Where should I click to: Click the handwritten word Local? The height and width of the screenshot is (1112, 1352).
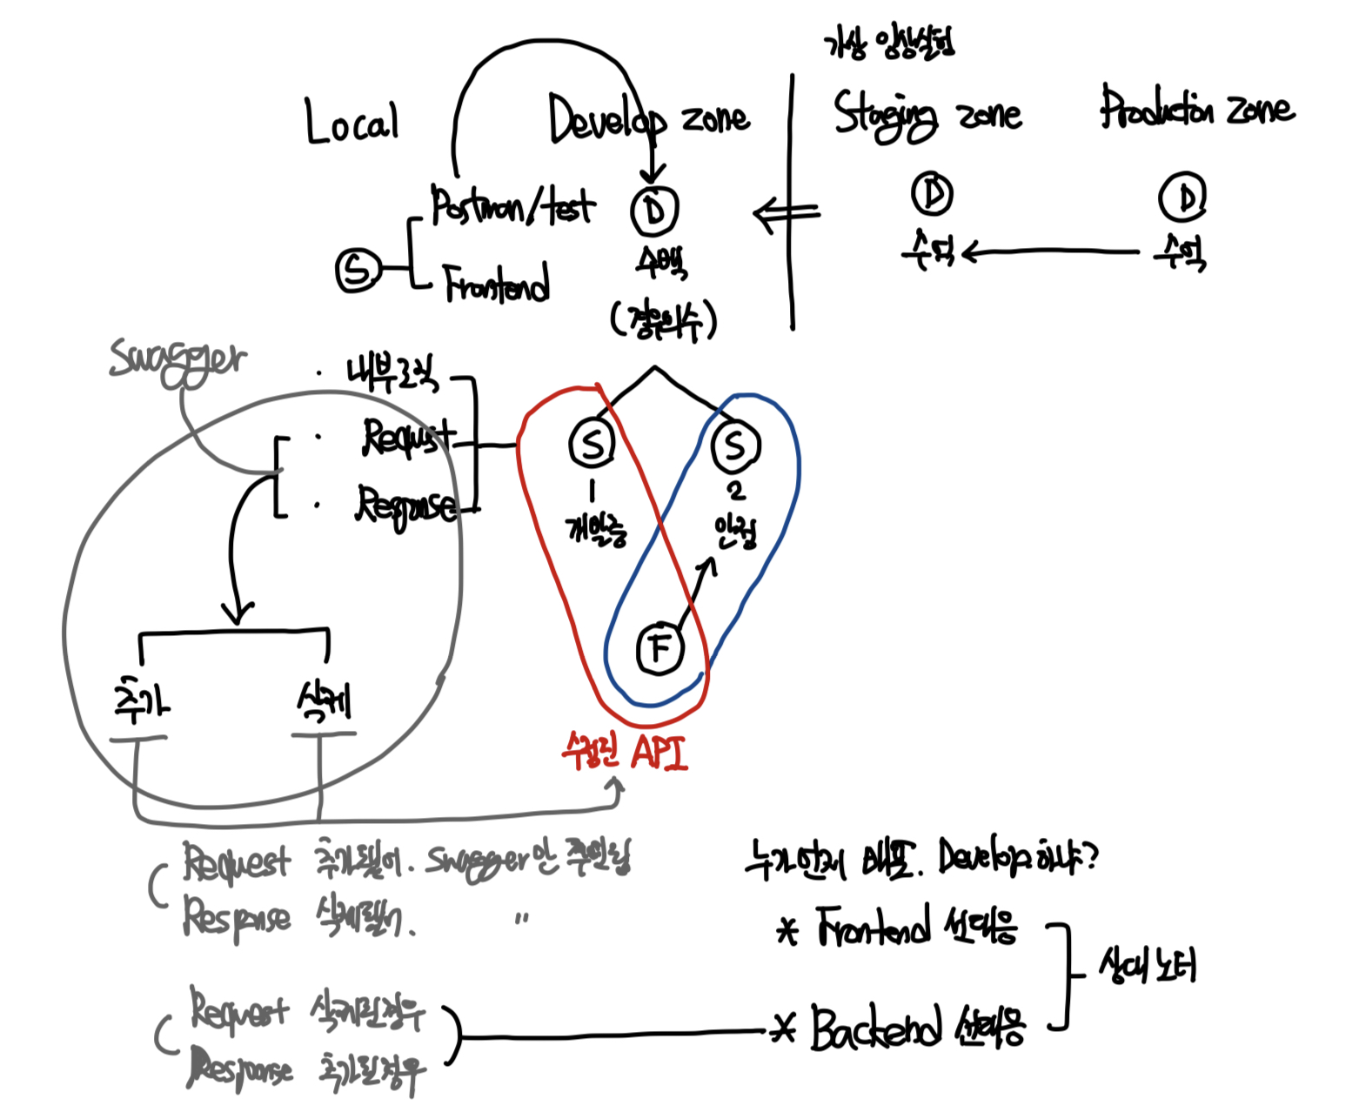point(351,122)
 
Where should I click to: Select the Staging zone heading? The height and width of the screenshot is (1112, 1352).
point(927,115)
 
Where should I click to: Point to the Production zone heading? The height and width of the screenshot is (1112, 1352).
point(1196,109)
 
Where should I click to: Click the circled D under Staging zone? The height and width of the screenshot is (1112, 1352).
point(932,193)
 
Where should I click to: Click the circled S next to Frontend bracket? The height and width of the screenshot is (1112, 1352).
point(358,270)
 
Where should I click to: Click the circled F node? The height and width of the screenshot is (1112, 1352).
point(660,648)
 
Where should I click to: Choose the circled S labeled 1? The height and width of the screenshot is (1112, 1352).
point(592,443)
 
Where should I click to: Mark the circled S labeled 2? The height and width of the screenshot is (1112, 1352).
point(735,445)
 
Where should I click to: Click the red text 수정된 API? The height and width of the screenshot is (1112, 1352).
point(625,751)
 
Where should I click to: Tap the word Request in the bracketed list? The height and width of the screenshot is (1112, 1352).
point(408,437)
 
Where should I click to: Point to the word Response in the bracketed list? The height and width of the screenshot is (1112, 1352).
point(405,506)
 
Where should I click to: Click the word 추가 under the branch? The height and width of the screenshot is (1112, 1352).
point(142,701)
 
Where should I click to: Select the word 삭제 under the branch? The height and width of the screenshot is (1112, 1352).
point(324,701)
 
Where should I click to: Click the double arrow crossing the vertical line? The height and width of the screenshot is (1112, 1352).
point(786,213)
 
